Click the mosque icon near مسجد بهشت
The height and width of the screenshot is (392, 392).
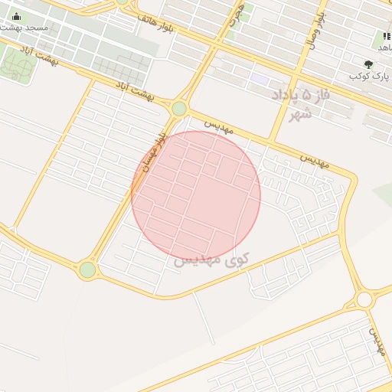(17, 17)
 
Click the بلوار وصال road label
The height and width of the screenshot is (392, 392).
(316, 31)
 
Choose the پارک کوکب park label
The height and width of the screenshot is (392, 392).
(365, 77)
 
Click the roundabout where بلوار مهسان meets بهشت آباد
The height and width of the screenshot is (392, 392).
(179, 109)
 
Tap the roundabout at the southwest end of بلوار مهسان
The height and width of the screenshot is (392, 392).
(87, 269)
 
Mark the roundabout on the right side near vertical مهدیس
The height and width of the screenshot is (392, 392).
(364, 299)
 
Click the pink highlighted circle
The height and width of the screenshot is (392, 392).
(196, 196)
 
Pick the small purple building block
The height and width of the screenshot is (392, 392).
(260, 79)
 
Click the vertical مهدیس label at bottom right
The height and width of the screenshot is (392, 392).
(376, 341)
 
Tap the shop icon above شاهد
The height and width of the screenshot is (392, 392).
(386, 36)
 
